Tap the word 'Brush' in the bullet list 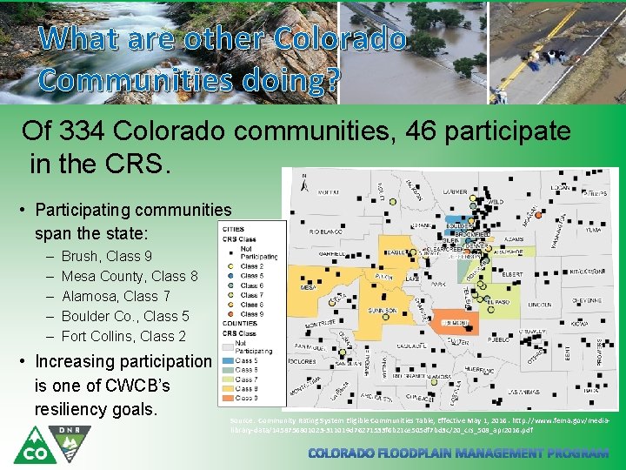(x=81, y=256)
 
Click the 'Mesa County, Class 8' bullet (x=130, y=276)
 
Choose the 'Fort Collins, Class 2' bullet (x=123, y=336)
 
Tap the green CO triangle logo (x=31, y=445)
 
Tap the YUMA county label (x=592, y=231)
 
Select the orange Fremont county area (x=454, y=320)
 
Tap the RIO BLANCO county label (x=323, y=233)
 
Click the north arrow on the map (x=303, y=182)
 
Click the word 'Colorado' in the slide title (x=339, y=39)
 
